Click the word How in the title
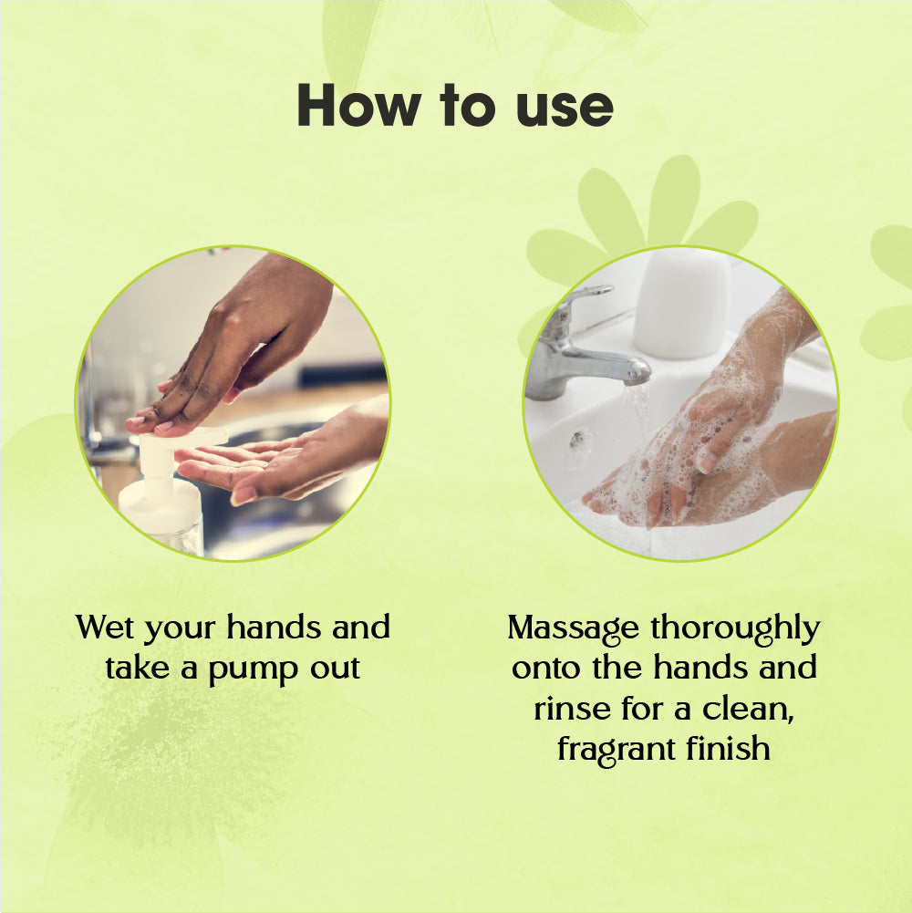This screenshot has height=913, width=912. (x=358, y=106)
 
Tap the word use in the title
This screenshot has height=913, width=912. (x=565, y=109)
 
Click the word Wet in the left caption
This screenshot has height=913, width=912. (x=106, y=628)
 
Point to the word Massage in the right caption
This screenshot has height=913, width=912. (x=573, y=629)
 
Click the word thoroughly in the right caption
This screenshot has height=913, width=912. (x=735, y=628)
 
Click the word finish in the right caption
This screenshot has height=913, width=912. (x=728, y=748)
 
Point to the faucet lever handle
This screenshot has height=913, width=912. (x=583, y=298)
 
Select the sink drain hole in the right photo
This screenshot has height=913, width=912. (x=577, y=441)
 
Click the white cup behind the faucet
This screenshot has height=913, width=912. (x=681, y=304)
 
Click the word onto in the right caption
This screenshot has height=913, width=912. (x=546, y=669)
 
